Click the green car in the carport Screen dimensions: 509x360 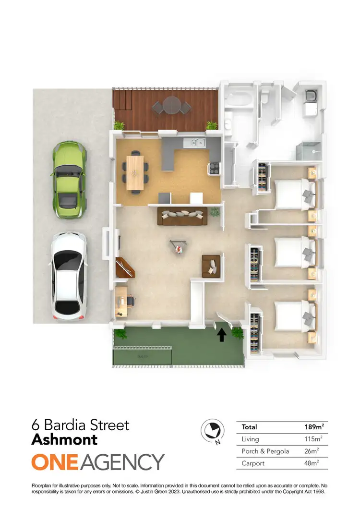[x=70, y=180]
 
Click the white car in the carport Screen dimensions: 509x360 [x=69, y=277]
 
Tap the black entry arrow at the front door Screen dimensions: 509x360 [x=222, y=335]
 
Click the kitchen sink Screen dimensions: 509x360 [x=198, y=142]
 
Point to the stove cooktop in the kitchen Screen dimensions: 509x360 [x=213, y=169]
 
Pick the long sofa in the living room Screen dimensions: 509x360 [x=182, y=217]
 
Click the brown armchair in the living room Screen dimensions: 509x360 [x=212, y=265]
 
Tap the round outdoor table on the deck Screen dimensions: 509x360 [x=171, y=105]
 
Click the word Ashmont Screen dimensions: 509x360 [x=64, y=439]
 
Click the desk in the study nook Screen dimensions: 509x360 [x=121, y=301]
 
